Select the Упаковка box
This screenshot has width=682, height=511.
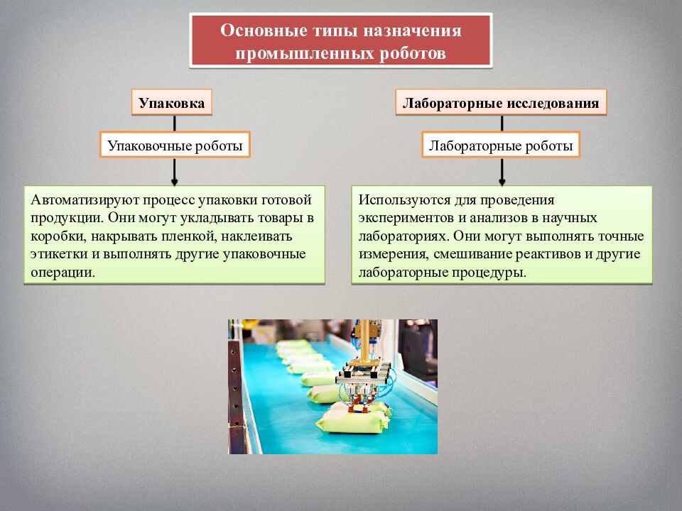pos(172,103)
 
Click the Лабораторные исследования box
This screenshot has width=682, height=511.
pos(501,103)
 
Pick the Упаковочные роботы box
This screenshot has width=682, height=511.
pos(175,146)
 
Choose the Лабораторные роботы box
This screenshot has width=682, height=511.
pos(501,146)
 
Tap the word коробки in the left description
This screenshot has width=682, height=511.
pos(57,236)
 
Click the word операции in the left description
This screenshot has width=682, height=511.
pos(63,272)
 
